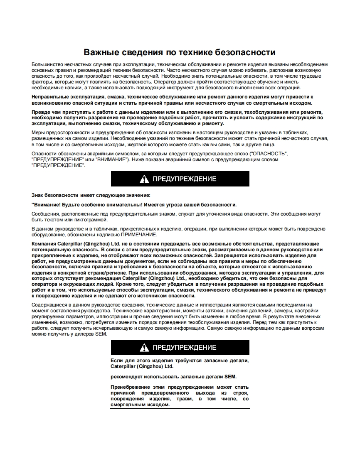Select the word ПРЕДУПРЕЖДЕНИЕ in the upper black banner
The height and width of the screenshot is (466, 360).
185,179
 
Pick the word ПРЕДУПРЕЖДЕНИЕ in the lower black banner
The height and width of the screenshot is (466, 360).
185,348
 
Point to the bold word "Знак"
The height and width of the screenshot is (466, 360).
38,195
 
